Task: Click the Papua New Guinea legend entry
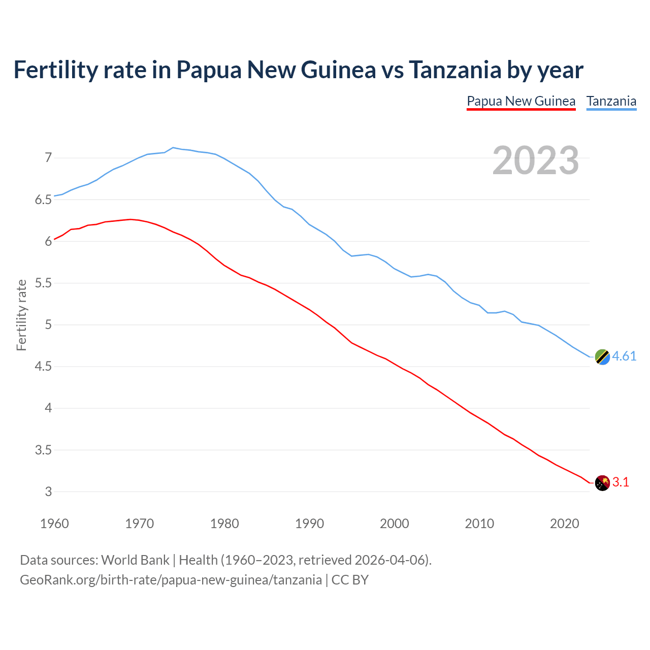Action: coord(521,101)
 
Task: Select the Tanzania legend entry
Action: coord(611,101)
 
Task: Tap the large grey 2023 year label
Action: coord(536,160)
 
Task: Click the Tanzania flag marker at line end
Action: coord(602,357)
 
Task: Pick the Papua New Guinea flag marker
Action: coord(602,483)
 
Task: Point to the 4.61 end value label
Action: coord(624,356)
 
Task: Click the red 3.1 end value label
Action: coord(621,482)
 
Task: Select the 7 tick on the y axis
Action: coord(48,158)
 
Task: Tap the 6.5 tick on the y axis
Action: coord(43,200)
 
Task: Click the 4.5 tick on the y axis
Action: coord(43,367)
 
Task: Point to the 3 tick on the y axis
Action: coord(48,492)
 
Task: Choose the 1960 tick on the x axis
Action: coord(54,524)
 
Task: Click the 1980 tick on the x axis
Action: coord(224,524)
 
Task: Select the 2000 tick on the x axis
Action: coord(395,524)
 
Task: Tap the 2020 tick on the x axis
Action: coord(564,524)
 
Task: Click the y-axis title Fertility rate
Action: coord(21,315)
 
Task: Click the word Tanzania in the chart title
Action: coord(455,70)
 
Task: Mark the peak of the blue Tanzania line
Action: coord(173,148)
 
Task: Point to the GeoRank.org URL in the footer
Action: coord(171,580)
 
